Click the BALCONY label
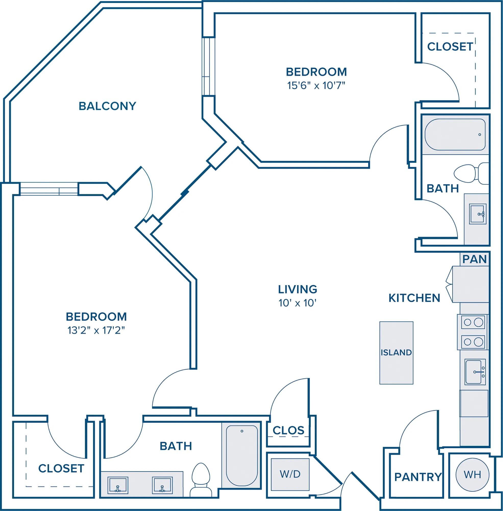[x=107, y=106]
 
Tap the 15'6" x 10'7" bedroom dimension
[x=316, y=86]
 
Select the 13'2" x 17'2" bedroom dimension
[x=96, y=330]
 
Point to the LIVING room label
[x=298, y=289]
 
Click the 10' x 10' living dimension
[x=298, y=303]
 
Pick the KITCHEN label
[x=414, y=298]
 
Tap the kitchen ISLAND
[x=396, y=353]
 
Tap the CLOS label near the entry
[x=288, y=431]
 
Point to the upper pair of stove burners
[x=473, y=322]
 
